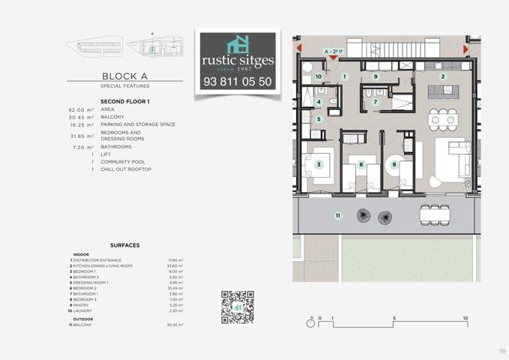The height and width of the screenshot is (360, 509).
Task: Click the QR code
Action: [x=238, y=307]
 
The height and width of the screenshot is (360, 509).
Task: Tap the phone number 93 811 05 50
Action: [x=238, y=82]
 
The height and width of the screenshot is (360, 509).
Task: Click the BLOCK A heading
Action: [x=124, y=76]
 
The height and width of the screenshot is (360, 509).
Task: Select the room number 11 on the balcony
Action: [x=338, y=216]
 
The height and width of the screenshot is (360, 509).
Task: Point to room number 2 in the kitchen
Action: [x=443, y=76]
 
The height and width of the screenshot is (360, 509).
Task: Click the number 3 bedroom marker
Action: [x=319, y=164]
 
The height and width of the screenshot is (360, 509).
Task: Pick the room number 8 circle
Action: [x=394, y=164]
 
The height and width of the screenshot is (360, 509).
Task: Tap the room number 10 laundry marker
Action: [x=319, y=76]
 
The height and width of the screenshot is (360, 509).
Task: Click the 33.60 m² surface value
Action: [x=175, y=265]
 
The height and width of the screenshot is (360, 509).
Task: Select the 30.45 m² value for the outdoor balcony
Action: [x=175, y=325]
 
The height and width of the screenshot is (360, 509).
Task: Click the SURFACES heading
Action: [x=124, y=245]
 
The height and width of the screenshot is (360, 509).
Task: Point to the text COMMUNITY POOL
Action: [x=123, y=162]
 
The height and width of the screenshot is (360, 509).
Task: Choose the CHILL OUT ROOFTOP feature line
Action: [x=126, y=169]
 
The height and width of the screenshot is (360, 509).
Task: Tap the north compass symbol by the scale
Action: [x=310, y=322]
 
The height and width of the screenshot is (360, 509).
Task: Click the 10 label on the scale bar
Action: [x=465, y=318]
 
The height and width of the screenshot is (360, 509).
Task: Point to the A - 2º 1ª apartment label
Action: [x=334, y=52]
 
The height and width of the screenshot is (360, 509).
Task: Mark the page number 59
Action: [x=502, y=351]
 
